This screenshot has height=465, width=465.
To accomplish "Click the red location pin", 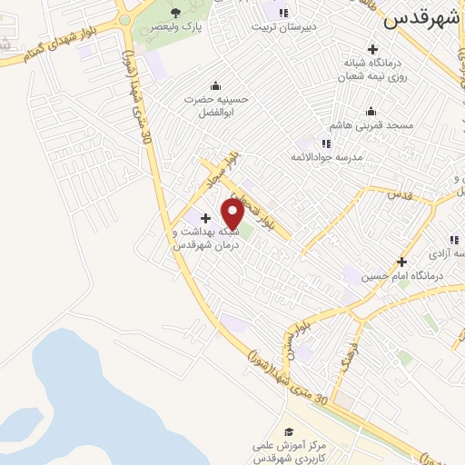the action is [232, 213].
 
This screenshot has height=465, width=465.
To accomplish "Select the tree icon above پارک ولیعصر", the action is [175, 13].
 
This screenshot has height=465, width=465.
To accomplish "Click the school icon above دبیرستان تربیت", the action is [284, 13].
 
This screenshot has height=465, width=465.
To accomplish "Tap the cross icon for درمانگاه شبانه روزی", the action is [372, 48].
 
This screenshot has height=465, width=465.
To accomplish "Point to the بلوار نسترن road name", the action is [302, 325].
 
